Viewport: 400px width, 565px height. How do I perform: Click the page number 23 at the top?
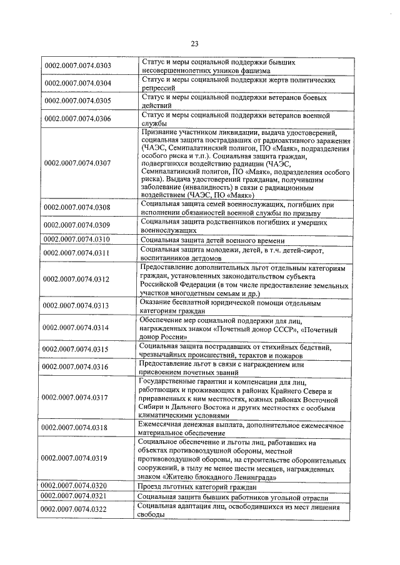coord(194,43)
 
